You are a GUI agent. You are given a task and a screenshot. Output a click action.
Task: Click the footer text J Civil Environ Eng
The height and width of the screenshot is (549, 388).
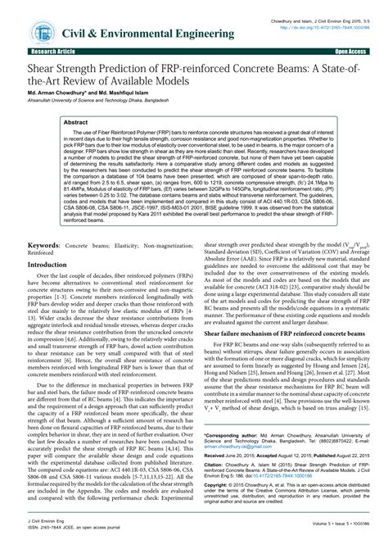(46, 533)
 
